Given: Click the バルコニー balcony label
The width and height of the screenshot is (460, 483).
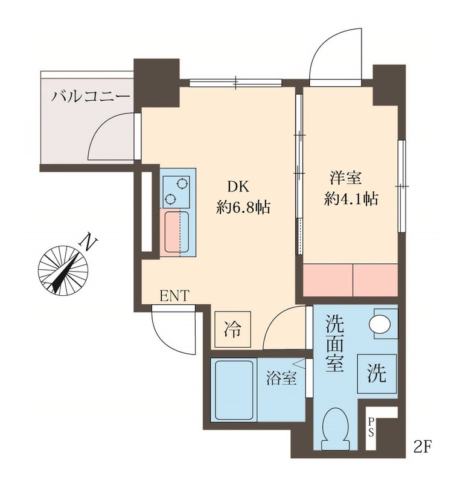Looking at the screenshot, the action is [x=90, y=96].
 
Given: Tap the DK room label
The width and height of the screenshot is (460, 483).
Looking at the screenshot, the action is [x=238, y=187].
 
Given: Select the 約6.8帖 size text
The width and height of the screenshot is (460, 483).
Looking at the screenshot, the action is [x=243, y=207].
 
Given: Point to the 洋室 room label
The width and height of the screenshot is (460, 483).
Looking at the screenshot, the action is [x=345, y=178].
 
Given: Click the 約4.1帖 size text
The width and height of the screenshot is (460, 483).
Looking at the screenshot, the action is [x=351, y=199].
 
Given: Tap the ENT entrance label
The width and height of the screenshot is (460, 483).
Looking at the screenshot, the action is [x=174, y=296].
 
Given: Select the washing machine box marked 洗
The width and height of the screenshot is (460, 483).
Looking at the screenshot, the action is [x=377, y=373].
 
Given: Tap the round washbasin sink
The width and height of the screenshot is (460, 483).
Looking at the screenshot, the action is [x=380, y=324].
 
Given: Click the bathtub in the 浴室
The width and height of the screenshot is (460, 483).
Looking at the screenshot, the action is [x=234, y=390].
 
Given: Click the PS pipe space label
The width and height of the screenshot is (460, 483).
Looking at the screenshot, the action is [x=371, y=427].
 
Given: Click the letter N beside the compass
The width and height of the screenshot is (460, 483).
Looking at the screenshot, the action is [x=88, y=241].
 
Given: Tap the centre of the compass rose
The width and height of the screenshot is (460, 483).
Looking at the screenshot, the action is [x=63, y=270].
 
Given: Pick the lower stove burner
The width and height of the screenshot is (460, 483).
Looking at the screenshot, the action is [x=170, y=199].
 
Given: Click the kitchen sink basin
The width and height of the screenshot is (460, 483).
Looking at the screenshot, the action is [x=176, y=232].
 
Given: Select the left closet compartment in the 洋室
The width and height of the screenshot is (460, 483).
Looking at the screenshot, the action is [x=328, y=280].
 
